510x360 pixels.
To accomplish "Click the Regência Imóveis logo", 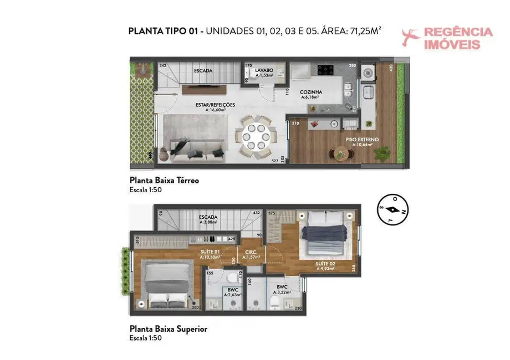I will click(x=447, y=38).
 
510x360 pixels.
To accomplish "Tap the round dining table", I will click(x=253, y=136).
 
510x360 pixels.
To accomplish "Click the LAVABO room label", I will click(x=264, y=71).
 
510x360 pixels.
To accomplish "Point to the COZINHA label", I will click(x=311, y=92).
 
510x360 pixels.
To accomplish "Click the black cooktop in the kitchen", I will click(x=325, y=70).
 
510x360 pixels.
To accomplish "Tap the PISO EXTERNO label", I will click(x=362, y=140).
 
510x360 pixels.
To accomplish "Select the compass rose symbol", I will click(x=392, y=210).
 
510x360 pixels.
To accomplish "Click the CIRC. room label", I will click(x=251, y=251).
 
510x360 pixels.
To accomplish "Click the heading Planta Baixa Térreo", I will click(x=164, y=180).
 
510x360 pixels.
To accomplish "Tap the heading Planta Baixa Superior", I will click(x=168, y=328).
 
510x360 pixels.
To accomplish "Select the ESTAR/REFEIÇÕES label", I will click(x=215, y=105).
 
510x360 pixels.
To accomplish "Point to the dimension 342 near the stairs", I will click(x=162, y=66).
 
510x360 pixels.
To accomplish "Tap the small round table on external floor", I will click(x=339, y=154).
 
